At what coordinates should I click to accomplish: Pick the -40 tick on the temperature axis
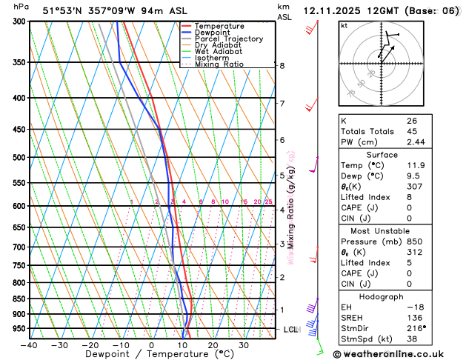(x=29, y=345)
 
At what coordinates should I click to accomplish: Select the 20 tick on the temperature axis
(x=213, y=345)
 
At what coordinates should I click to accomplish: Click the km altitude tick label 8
(x=282, y=66)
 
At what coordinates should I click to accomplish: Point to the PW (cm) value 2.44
(x=416, y=141)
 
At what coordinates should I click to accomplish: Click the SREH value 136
(x=413, y=318)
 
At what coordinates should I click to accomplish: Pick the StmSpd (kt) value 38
(x=411, y=339)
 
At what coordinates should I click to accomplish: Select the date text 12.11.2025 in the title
(x=333, y=11)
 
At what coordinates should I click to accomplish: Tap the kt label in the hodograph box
(x=344, y=25)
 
